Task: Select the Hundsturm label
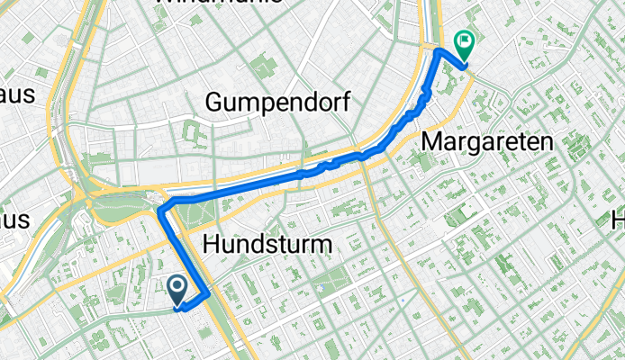tap(268, 243)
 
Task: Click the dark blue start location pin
tap(177, 290)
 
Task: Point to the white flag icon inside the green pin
tap(465, 40)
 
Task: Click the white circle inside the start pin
tap(177, 286)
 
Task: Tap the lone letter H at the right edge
tap(619, 219)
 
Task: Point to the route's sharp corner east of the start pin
tap(209, 293)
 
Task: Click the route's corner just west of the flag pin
tap(439, 51)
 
